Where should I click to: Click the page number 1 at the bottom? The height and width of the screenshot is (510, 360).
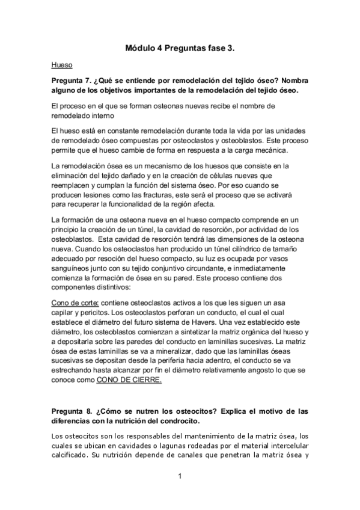180,476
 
